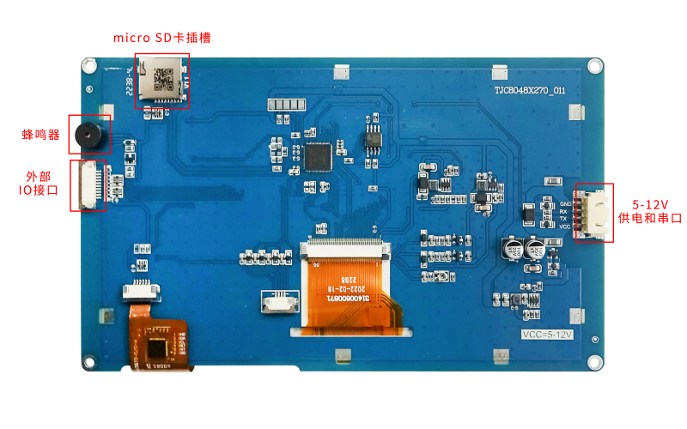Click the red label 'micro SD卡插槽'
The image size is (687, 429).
coord(162,39)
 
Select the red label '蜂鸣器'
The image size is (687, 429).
coord(41,135)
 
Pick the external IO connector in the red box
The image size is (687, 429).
coord(88,184)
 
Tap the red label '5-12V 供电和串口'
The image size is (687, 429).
coord(650,212)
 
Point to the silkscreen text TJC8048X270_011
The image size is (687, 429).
coord(529,90)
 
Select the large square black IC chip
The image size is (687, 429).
coord(318,157)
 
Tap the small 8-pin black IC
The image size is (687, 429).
coord(373,138)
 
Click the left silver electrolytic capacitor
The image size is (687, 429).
coord(512,249)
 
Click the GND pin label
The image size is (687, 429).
coord(564,203)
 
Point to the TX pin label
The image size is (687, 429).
coord(563,219)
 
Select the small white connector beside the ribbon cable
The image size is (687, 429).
coord(279,302)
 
